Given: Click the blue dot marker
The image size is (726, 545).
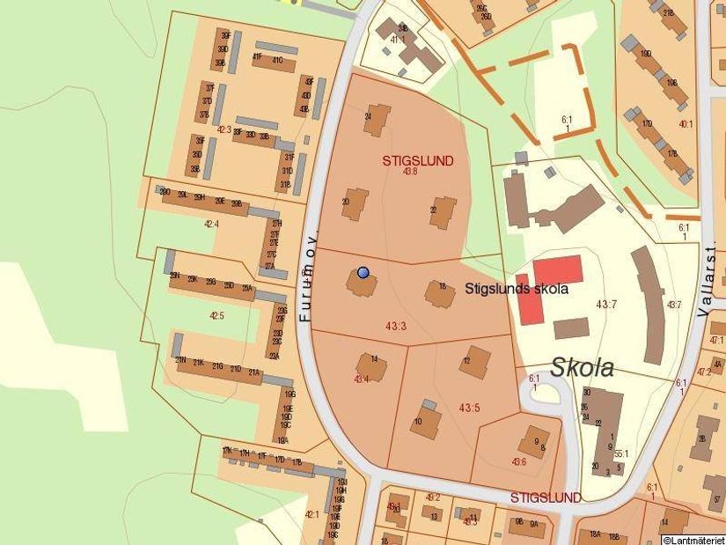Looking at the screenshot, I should [x=363, y=272].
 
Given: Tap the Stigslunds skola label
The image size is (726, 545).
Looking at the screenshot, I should [x=517, y=288].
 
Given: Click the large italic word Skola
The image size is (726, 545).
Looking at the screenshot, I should [x=582, y=368].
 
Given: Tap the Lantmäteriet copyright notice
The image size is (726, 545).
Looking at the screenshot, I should [x=693, y=539].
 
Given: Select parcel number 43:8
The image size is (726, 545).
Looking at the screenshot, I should [x=410, y=172].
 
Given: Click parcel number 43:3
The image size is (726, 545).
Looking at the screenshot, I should [x=396, y=326].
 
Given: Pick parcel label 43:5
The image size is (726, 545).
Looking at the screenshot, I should [x=469, y=407].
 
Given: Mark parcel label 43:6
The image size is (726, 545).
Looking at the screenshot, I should [x=518, y=461].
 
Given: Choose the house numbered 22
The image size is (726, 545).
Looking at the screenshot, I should [x=444, y=212].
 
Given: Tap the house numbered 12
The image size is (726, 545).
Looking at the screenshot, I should [x=475, y=361].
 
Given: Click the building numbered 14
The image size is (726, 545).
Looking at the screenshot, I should [x=371, y=366].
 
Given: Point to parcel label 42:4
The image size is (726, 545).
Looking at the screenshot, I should [x=211, y=225].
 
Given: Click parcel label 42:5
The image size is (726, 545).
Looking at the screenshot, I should [x=217, y=315].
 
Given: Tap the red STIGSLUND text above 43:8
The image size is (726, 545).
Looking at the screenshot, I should [x=418, y=161].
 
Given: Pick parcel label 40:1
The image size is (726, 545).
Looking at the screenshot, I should [x=686, y=124].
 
